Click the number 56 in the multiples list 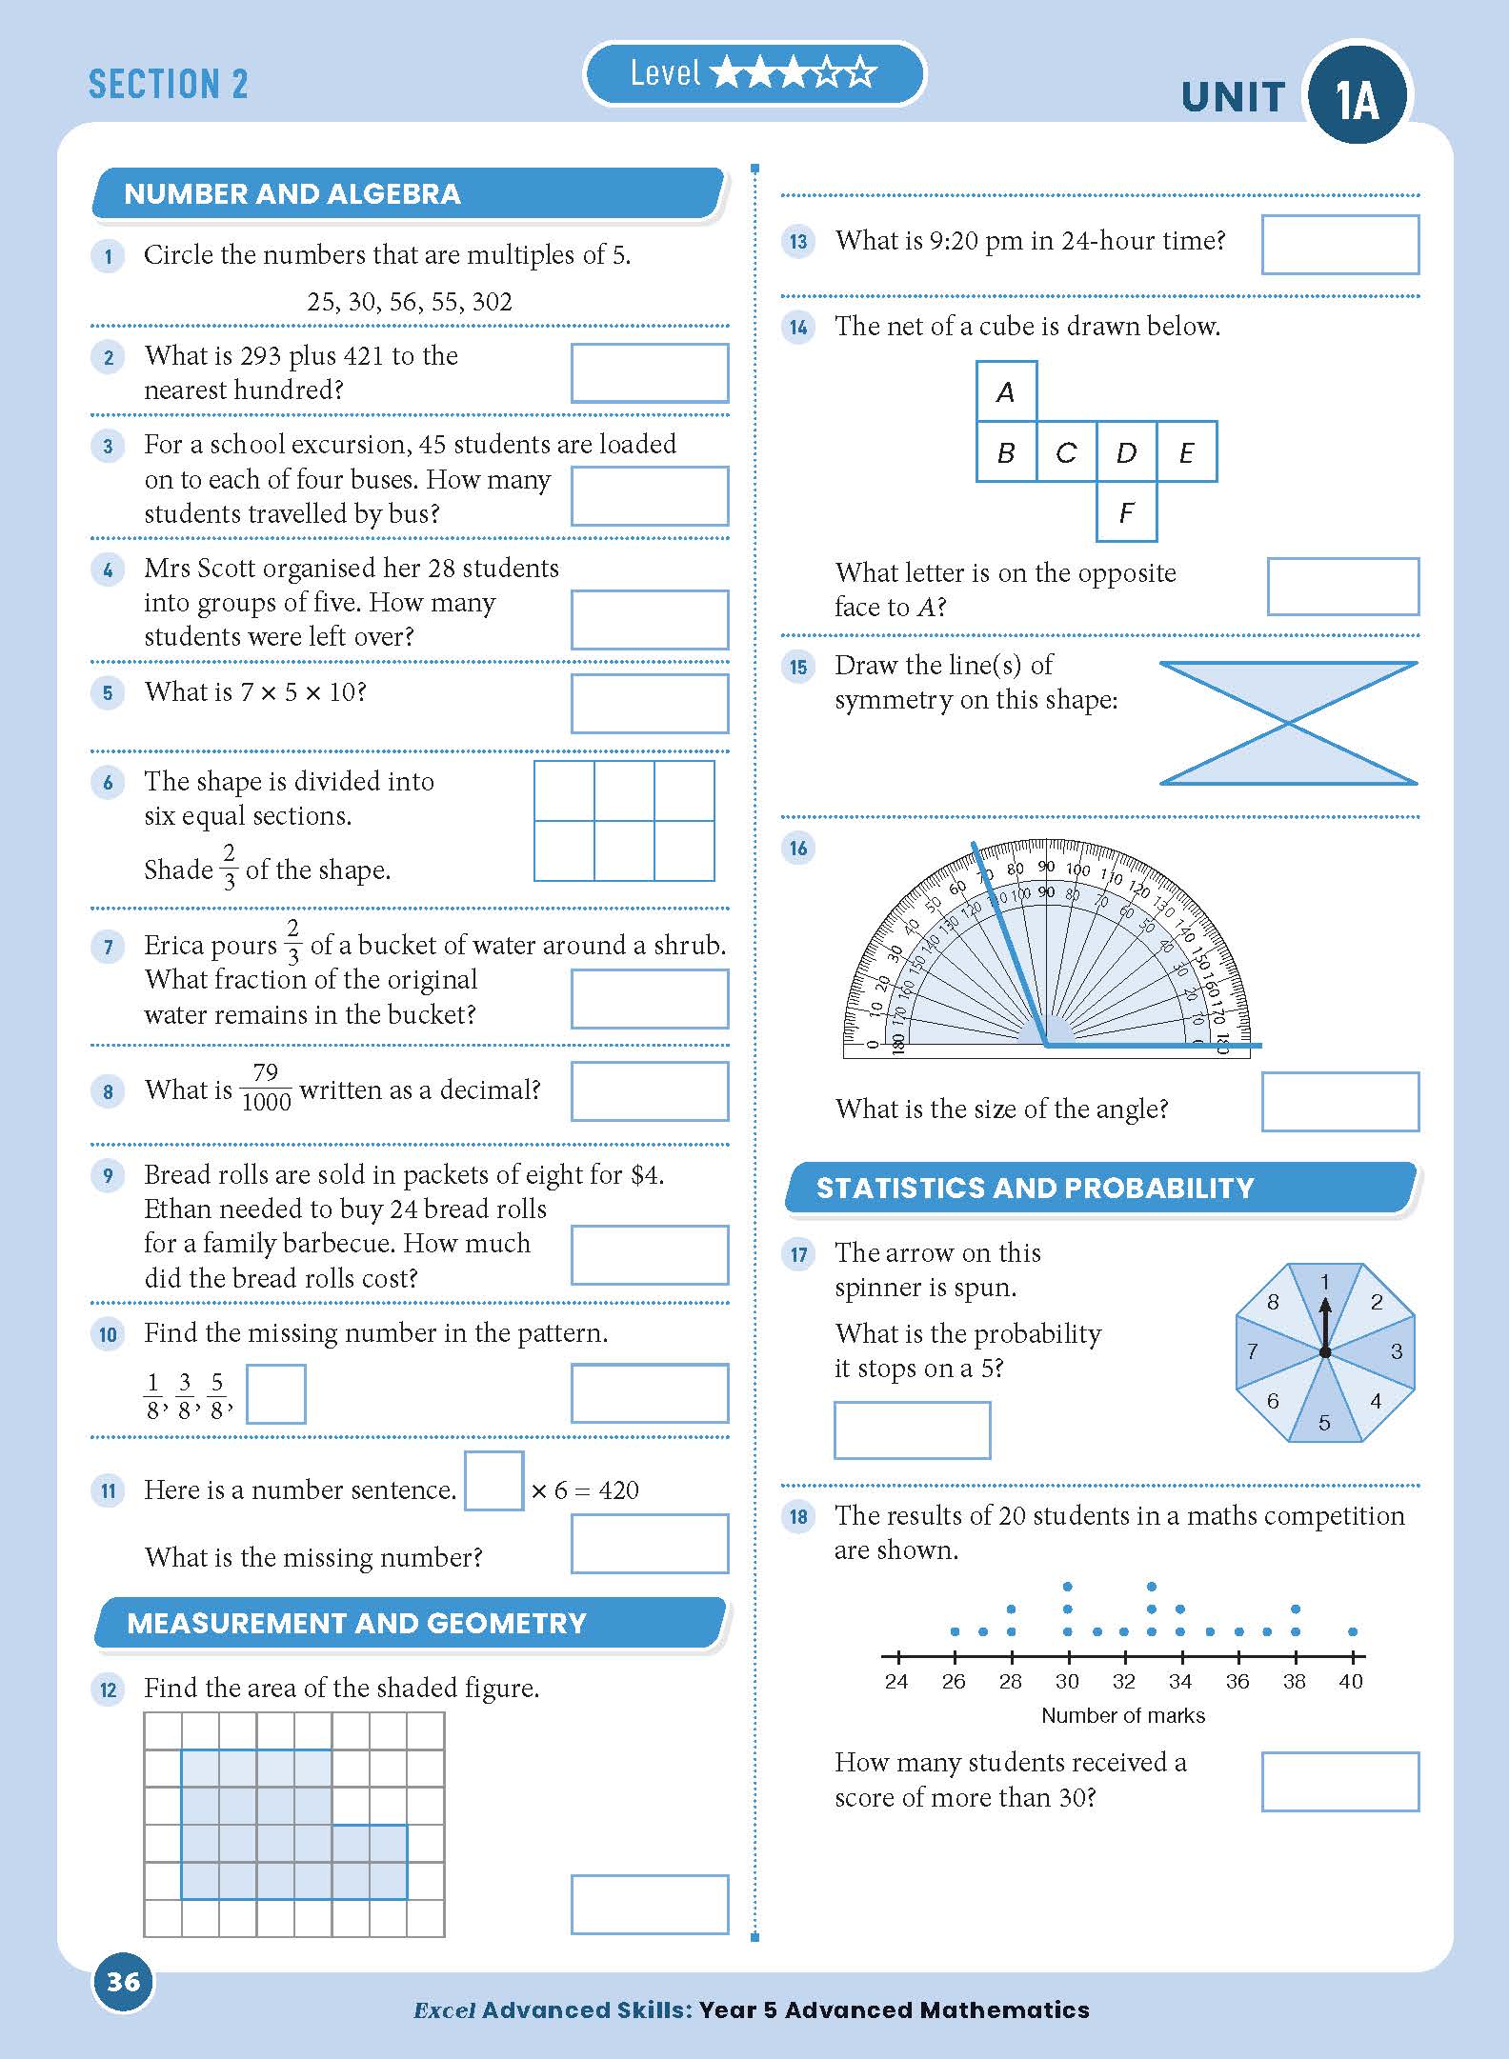tap(402, 303)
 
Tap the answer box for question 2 tap(650, 373)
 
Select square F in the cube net tap(1126, 512)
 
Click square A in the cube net tap(1006, 391)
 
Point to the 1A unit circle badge tap(1357, 97)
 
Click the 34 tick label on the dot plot tap(1180, 1682)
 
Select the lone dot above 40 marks tap(1352, 1632)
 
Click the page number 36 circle tap(123, 1982)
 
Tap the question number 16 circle tap(798, 849)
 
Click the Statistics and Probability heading tap(1035, 1189)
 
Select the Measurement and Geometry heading tap(356, 1624)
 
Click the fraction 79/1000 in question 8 tap(266, 1088)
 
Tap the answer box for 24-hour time tap(1339, 245)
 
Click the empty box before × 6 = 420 tap(493, 1481)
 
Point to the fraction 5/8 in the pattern tap(218, 1395)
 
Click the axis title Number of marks tap(1122, 1716)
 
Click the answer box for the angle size tap(1339, 1102)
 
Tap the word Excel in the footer tap(444, 2010)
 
